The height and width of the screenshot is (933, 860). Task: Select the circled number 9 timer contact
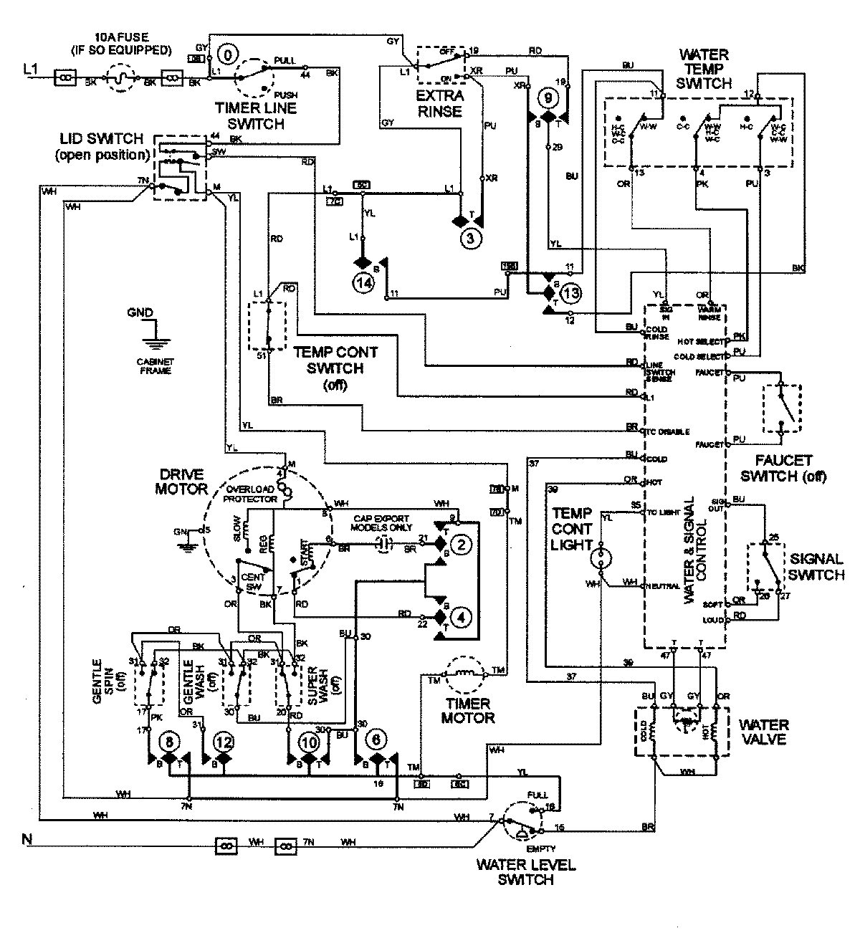coord(548,95)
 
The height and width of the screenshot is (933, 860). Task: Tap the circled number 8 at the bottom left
coord(169,742)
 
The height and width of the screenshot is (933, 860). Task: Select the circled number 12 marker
coord(224,742)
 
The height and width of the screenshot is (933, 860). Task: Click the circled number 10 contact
coord(309,742)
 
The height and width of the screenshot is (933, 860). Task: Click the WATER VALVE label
coord(764,731)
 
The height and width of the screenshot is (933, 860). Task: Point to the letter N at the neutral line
coord(27,838)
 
